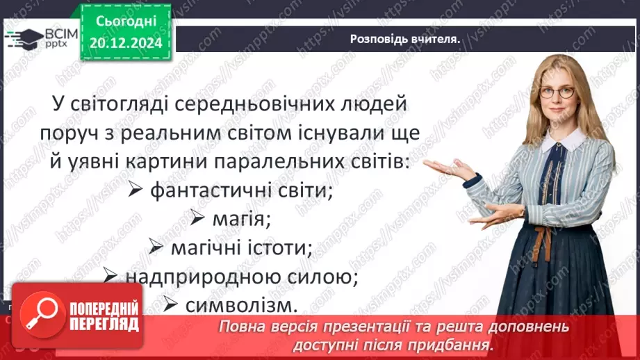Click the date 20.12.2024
[126, 43]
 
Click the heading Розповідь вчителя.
[405, 39]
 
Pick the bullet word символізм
[241, 304]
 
